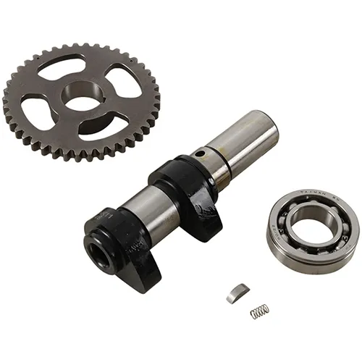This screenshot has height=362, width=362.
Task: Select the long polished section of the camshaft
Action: click(x=239, y=141)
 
